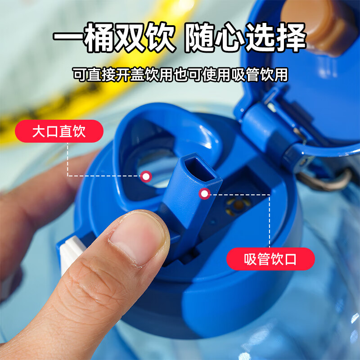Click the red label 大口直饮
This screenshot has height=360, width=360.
59,131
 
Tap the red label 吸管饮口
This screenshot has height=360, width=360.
270,259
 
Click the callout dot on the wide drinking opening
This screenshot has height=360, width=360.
146,176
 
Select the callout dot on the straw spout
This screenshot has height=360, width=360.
205,194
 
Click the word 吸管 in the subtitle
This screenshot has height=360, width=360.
244,74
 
